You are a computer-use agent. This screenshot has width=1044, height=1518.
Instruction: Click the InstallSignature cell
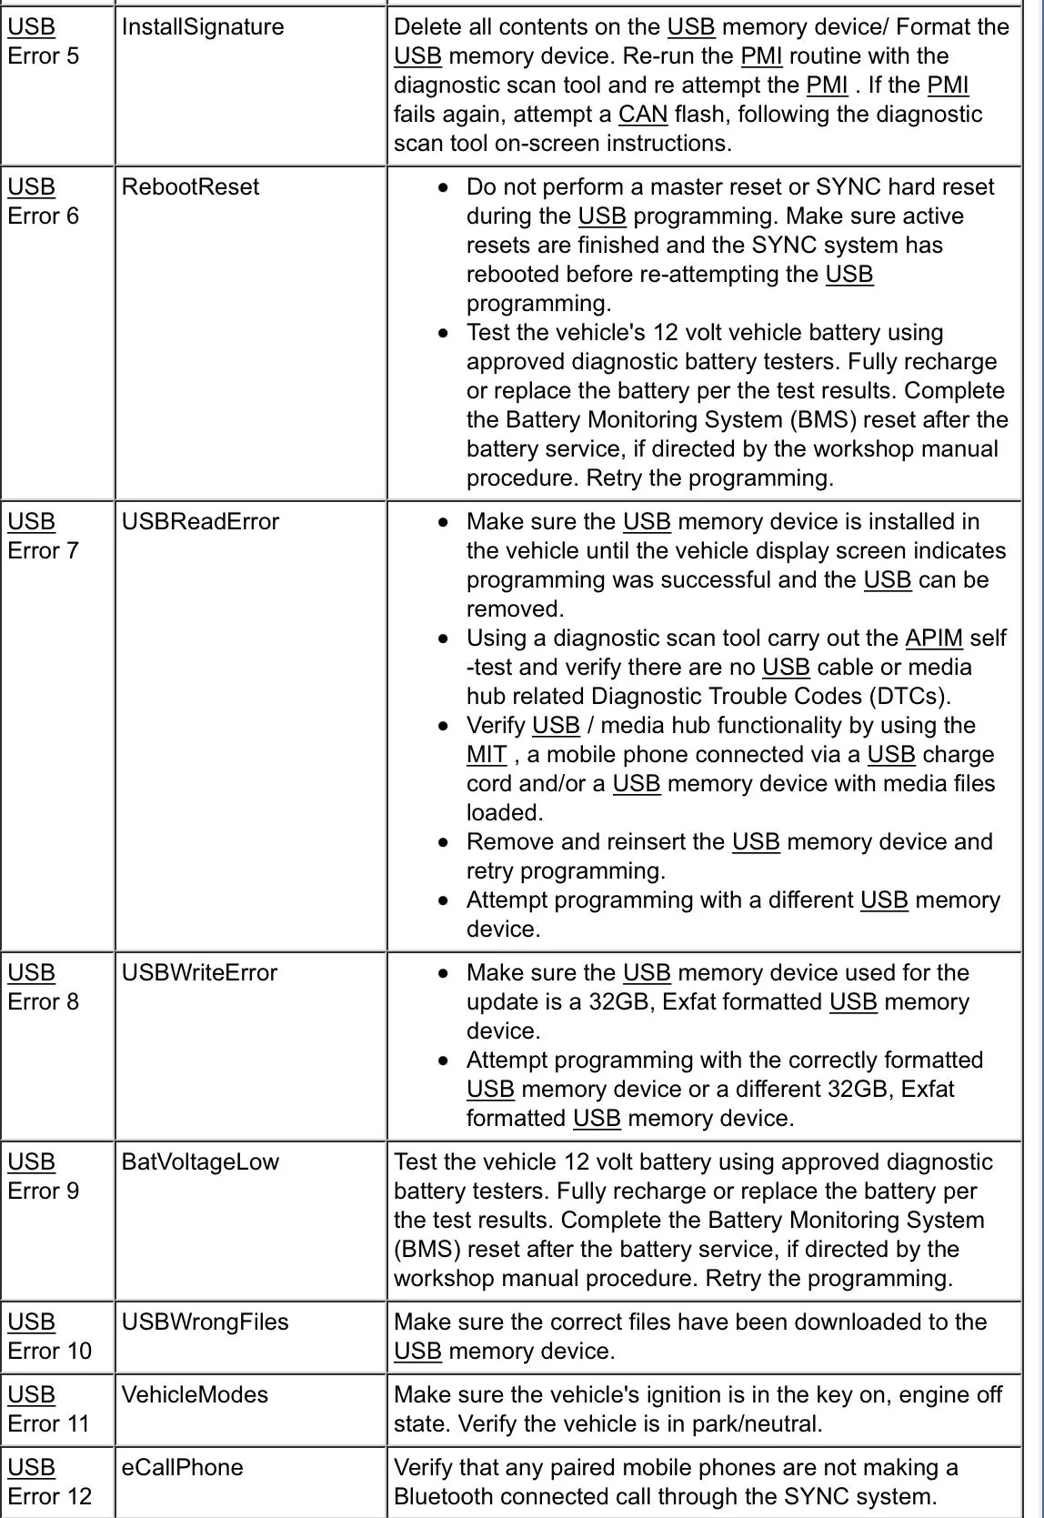(203, 27)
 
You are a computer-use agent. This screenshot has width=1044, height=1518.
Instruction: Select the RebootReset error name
(190, 187)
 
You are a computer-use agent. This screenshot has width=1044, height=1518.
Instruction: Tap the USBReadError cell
(200, 522)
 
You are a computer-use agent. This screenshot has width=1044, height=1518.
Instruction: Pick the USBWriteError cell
(199, 973)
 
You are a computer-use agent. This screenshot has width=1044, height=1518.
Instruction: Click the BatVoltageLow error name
(200, 1162)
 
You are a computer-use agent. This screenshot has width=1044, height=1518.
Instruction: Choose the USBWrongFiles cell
(205, 1322)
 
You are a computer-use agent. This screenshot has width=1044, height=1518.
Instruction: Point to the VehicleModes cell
(195, 1395)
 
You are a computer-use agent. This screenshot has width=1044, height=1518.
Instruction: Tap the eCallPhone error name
(182, 1468)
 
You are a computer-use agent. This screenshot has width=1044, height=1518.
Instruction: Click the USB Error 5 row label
(43, 42)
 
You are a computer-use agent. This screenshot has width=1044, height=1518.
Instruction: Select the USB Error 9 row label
(43, 1177)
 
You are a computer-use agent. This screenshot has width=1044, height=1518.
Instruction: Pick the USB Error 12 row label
(49, 1483)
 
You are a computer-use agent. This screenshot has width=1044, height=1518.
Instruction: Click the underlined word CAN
(643, 115)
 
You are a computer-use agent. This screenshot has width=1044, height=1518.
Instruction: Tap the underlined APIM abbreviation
(934, 638)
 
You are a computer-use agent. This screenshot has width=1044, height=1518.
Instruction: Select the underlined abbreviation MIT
(487, 755)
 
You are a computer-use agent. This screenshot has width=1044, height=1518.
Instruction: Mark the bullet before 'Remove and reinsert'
(443, 843)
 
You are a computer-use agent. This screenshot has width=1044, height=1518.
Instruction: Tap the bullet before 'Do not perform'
(443, 188)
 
